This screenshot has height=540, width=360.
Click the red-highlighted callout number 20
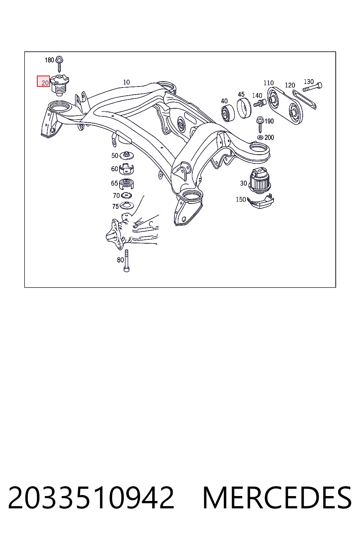[45, 83]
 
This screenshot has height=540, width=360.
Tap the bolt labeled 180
[59, 64]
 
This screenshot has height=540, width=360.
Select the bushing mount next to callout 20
[60, 85]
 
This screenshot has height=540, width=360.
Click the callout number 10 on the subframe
[126, 82]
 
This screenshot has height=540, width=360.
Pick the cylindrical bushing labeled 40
[228, 113]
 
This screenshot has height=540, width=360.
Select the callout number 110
[269, 83]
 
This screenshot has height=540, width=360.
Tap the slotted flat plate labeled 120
[304, 99]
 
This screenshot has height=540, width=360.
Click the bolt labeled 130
[313, 87]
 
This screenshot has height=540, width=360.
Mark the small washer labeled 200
[260, 137]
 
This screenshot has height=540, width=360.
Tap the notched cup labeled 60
[126, 169]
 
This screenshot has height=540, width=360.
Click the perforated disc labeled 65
[127, 184]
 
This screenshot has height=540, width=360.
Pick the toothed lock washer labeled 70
[126, 195]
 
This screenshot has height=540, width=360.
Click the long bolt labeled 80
[126, 261]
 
